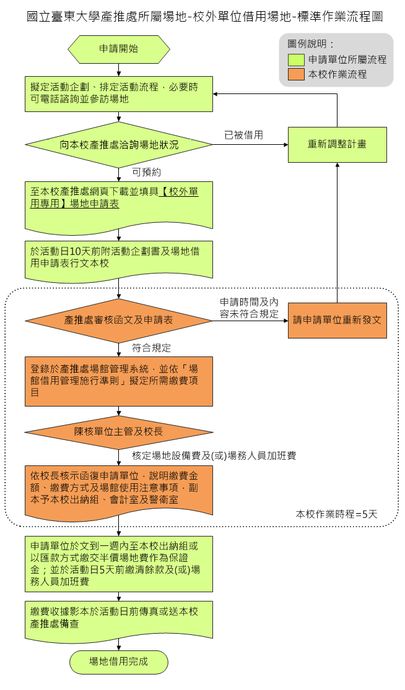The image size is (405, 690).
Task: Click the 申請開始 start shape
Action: pos(118,49)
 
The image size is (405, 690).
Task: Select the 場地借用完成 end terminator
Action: pos(118,662)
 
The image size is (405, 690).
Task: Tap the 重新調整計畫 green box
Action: pos(337,144)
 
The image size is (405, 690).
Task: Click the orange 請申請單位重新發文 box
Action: pos(337,321)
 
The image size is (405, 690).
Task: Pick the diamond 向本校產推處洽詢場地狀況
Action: pos(118,145)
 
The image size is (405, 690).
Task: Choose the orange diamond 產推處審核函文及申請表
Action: pos(118,321)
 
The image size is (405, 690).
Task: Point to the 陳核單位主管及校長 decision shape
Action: pos(118,431)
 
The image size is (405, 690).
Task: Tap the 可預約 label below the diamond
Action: pos(147,171)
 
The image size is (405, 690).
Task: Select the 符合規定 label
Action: pos(152,347)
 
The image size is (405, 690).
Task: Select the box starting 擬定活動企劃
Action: pos(118,93)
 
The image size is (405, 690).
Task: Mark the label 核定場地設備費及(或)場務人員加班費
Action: pos(214,456)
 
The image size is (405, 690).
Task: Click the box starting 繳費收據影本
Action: pos(118,617)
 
